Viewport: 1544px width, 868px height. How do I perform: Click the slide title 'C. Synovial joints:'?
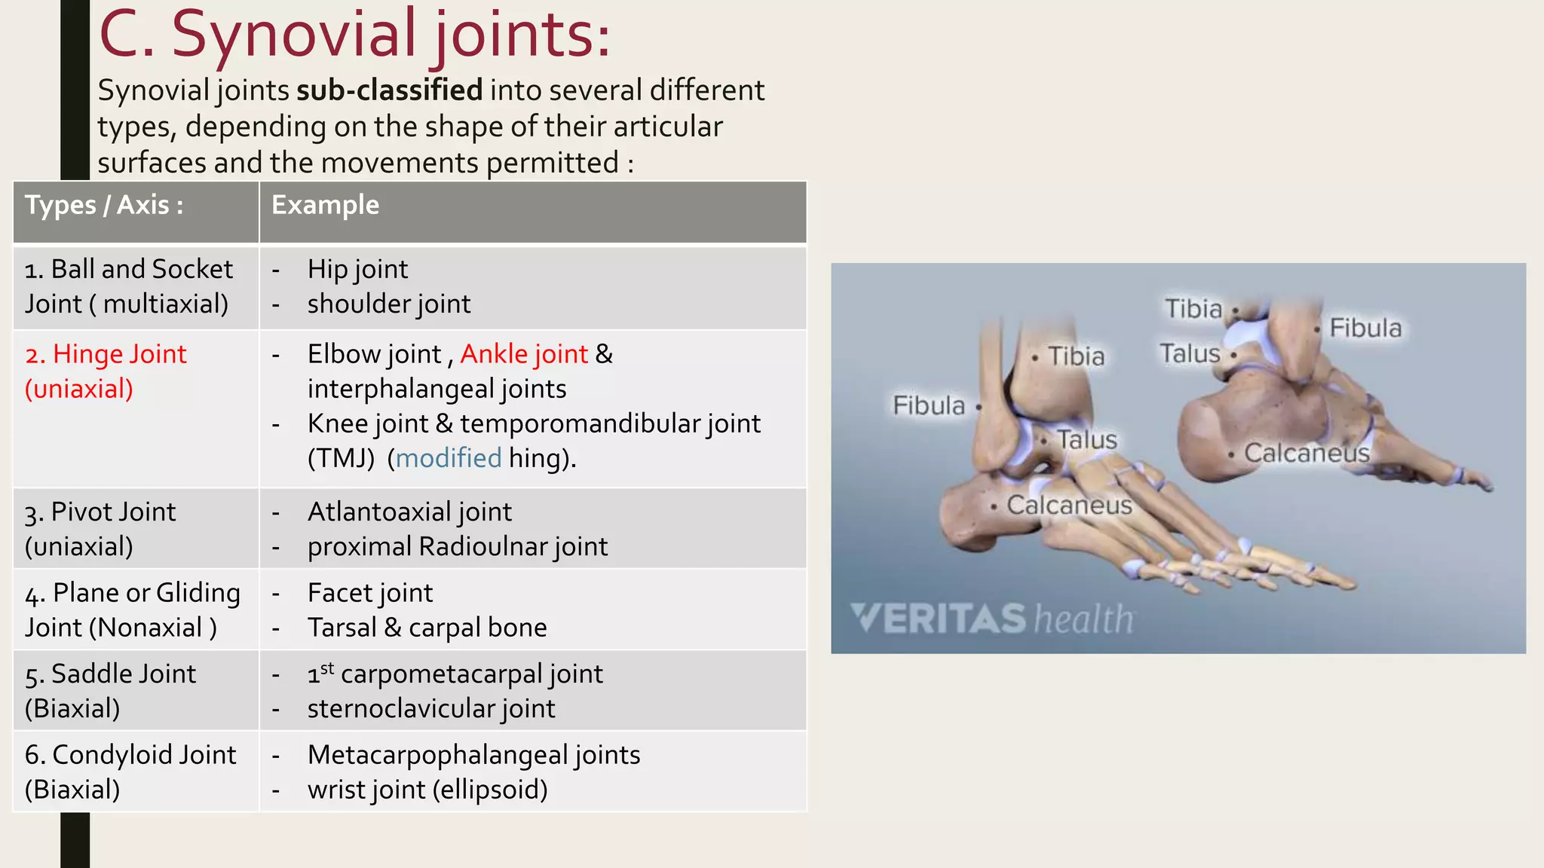coord(354,35)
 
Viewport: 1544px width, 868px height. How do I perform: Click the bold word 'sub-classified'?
coord(389,90)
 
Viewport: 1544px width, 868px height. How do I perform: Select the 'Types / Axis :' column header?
coord(104,205)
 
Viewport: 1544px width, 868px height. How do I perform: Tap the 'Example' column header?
coord(325,205)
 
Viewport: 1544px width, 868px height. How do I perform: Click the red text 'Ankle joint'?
coord(524,354)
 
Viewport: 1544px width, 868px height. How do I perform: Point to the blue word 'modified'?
coord(449,458)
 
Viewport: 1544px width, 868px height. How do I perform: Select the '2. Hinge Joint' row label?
coord(105,354)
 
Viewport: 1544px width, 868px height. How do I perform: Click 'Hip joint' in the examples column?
coord(357,269)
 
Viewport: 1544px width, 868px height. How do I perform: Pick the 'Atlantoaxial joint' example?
coord(409,512)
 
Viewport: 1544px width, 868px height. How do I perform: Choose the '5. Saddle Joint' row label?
coord(110,674)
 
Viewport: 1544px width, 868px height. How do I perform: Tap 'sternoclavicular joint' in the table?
coord(430,708)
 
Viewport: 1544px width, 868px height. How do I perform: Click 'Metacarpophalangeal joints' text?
coord(473,755)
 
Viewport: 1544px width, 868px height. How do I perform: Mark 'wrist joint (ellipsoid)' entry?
coord(427,790)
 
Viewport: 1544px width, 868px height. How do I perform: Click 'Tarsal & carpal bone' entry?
coord(427,628)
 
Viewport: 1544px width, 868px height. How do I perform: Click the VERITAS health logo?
coord(991,619)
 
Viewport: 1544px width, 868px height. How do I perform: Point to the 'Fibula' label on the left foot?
coord(929,405)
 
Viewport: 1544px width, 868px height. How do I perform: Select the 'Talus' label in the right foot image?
coord(1190,353)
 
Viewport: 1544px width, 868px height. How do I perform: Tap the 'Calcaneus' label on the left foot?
coord(1069,505)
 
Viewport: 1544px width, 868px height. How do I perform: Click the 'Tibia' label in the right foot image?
coord(1193,309)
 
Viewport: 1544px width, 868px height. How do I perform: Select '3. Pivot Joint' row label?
coord(100,512)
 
